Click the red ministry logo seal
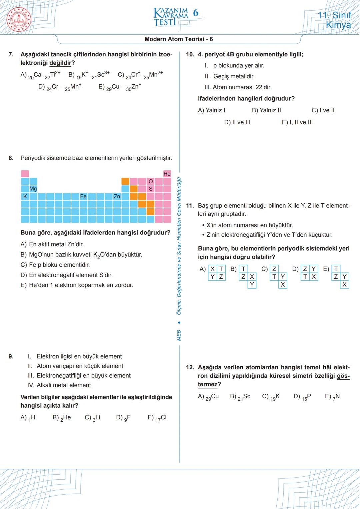[x=19, y=19]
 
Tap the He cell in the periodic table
[x=167, y=174]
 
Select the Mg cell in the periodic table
[x=33, y=189]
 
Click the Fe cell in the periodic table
[x=83, y=196]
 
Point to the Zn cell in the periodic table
[x=117, y=196]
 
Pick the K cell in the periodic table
[x=25, y=196]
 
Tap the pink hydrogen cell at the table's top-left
[x=25, y=174]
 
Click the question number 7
[x=11, y=54]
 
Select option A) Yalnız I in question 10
[x=212, y=110]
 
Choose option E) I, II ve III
[x=297, y=122]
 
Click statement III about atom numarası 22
[x=238, y=87]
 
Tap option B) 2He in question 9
[x=62, y=418]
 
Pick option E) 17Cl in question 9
[x=157, y=418]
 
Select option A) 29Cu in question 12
[x=208, y=397]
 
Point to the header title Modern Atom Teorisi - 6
[x=179, y=39]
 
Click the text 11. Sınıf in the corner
[x=334, y=15]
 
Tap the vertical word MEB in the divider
[x=179, y=335]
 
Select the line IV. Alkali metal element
[x=59, y=385]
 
